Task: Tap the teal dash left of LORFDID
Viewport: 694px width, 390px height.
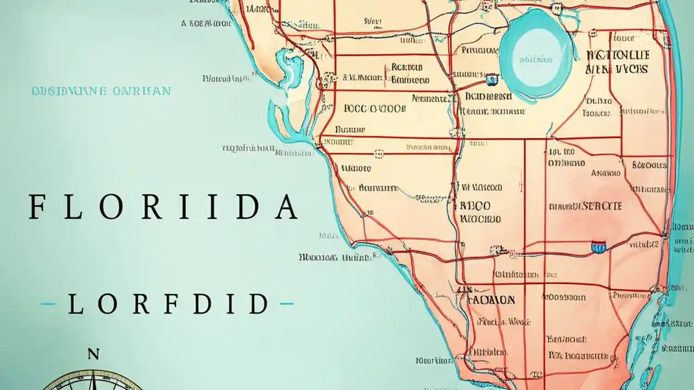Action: pos(48,304)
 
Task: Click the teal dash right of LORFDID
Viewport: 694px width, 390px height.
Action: pos(286,304)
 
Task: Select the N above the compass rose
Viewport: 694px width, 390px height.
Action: pos(93,355)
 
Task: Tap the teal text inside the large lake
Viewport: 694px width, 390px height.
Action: pos(536,60)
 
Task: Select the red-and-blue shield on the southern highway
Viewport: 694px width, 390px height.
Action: pos(598,248)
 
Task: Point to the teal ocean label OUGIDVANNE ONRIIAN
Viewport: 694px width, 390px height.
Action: pos(101,91)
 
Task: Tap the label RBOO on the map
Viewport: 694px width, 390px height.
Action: pos(475,206)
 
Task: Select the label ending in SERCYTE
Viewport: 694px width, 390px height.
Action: pos(585,206)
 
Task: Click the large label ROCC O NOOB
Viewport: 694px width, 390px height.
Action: pos(374,108)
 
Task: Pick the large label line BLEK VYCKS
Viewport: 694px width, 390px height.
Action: pos(616,69)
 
